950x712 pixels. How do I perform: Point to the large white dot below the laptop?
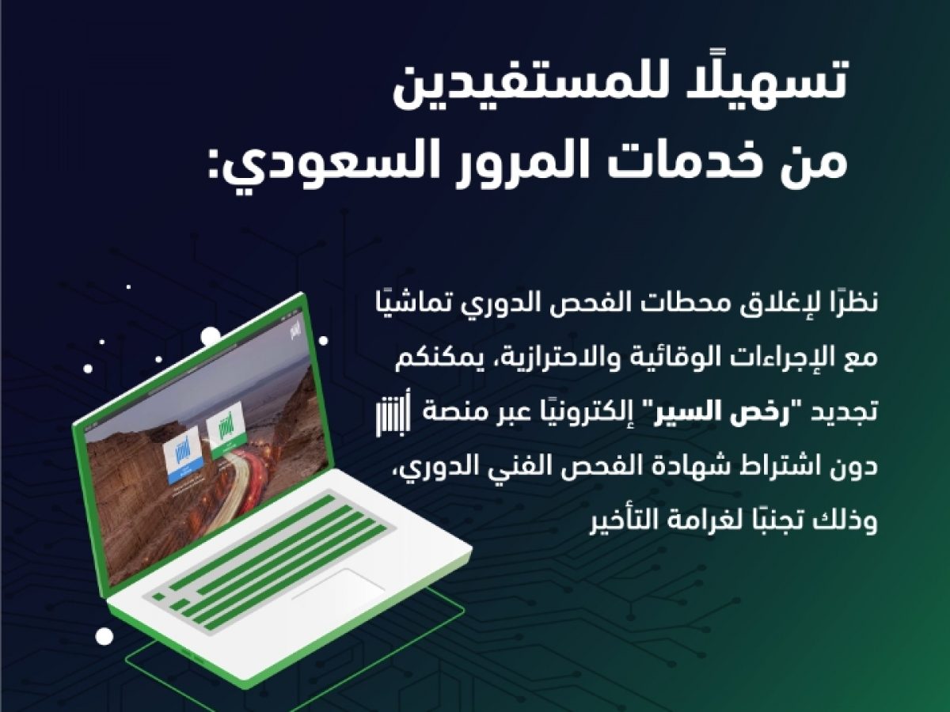click(x=104, y=636)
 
